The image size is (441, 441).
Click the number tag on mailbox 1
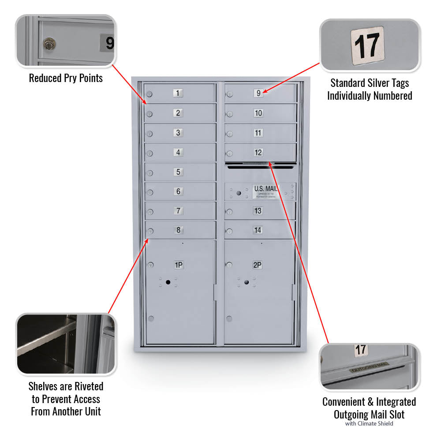point(178,93)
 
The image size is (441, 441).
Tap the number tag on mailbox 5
point(178,172)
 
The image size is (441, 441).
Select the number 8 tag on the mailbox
point(178,230)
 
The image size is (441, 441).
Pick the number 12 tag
point(258,153)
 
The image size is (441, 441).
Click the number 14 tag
point(258,230)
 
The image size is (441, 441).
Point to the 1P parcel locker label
point(179,265)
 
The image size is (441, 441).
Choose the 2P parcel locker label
point(258,265)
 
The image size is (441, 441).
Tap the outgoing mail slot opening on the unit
point(260,167)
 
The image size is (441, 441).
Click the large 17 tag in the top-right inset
point(367,45)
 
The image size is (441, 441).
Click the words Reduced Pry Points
point(66,78)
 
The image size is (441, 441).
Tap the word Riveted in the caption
point(86,387)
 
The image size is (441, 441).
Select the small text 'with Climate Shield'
point(369,424)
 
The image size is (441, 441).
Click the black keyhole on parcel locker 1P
point(168,282)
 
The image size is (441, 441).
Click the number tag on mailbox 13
point(258,211)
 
